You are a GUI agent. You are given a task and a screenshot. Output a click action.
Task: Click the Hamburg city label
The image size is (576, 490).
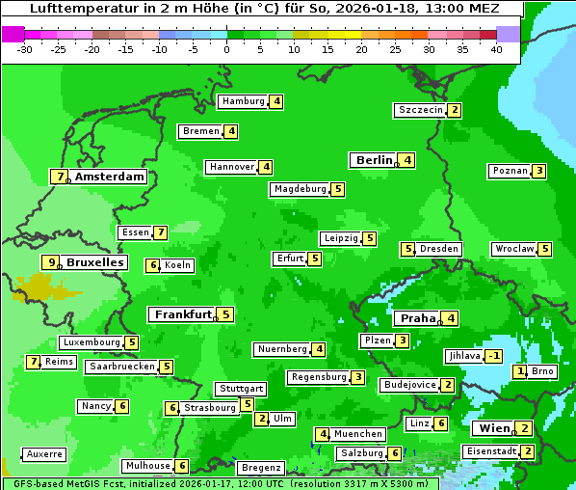[x=243, y=101]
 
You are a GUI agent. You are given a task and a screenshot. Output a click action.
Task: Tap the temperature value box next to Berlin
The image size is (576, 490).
[x=408, y=160]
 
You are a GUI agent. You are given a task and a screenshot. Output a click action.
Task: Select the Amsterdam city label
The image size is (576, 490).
[x=110, y=177]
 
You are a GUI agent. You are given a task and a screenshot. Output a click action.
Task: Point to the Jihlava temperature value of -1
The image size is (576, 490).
[x=494, y=356]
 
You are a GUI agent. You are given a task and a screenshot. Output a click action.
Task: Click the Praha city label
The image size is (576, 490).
[x=418, y=318]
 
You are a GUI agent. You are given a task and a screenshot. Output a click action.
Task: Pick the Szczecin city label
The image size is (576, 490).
[x=421, y=110]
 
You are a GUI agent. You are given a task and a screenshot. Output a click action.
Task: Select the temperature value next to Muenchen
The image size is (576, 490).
[x=323, y=434]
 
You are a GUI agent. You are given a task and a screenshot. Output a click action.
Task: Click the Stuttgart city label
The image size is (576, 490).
[x=240, y=389]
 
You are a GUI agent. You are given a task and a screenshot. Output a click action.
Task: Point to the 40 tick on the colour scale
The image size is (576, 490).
[x=496, y=49]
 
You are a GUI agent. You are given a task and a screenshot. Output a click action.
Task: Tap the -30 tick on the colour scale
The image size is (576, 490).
[x=26, y=49]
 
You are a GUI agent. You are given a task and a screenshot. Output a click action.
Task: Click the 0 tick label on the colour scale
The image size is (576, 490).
[x=226, y=49]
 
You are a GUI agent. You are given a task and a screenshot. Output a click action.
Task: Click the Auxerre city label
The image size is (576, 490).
[x=44, y=453]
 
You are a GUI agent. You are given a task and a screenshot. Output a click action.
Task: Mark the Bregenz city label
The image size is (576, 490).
[x=260, y=468]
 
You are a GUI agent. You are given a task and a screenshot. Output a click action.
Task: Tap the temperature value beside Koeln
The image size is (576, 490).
[x=152, y=265]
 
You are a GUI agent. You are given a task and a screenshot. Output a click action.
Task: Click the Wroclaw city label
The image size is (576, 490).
[x=513, y=249]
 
